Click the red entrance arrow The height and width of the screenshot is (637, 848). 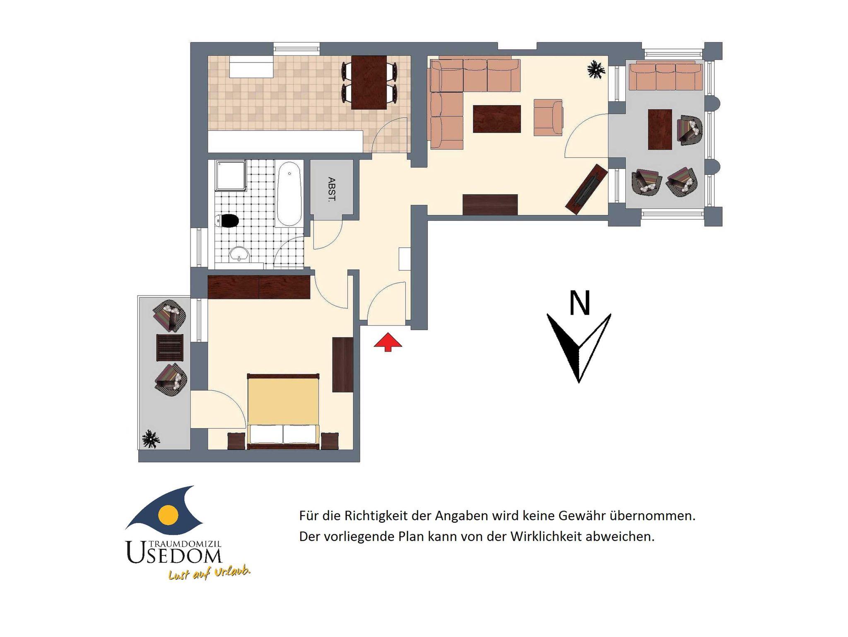(388, 342)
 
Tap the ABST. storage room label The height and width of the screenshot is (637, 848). (331, 189)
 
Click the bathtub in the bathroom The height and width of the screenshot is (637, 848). (289, 194)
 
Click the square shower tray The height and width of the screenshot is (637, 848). (231, 176)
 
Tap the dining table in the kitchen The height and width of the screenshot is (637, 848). (369, 82)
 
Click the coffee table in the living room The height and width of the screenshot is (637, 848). (497, 119)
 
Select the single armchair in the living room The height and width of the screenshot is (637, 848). (548, 117)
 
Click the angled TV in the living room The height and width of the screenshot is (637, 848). (587, 189)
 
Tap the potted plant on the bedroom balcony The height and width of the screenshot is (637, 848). (151, 439)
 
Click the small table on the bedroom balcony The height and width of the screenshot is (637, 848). (170, 347)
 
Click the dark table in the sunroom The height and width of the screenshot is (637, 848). (660, 129)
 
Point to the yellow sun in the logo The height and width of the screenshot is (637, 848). (169, 515)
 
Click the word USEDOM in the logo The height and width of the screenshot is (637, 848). (174, 553)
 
